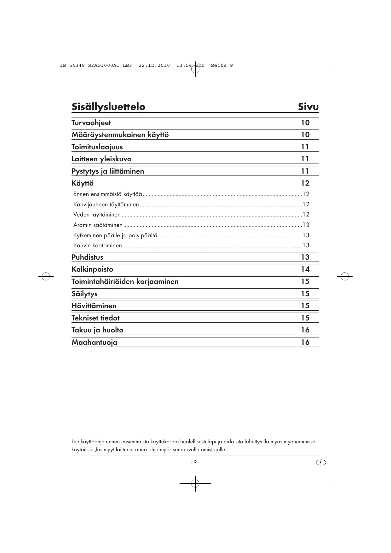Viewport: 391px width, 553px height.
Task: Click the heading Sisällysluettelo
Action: tap(108, 107)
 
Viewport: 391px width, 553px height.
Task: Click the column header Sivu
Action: tap(308, 107)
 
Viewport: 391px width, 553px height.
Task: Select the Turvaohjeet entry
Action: tap(91, 123)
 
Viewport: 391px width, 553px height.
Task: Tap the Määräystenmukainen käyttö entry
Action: tap(120, 135)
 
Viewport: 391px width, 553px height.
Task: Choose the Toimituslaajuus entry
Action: tap(97, 147)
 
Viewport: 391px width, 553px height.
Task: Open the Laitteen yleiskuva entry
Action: tap(101, 159)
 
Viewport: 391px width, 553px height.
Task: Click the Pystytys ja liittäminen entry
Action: tap(108, 171)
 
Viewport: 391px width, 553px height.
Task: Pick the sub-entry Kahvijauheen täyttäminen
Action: tap(106, 204)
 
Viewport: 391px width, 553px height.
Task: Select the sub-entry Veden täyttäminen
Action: tap(97, 215)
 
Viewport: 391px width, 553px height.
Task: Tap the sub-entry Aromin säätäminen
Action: tap(98, 225)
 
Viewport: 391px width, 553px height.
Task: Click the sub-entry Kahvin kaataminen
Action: tap(98, 245)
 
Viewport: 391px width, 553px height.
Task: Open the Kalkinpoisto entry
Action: tap(92, 269)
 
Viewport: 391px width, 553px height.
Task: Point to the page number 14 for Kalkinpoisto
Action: tap(305, 269)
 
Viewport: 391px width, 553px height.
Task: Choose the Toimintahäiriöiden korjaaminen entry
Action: tap(125, 281)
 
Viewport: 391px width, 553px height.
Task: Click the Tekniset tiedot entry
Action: tap(95, 318)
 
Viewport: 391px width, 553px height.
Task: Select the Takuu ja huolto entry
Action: tap(97, 330)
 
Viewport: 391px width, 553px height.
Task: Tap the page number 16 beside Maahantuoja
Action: tap(305, 342)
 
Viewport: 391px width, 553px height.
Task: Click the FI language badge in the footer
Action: tap(321, 462)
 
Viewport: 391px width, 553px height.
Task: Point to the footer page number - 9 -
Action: tap(195, 462)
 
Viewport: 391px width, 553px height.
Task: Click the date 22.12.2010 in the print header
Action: tap(154, 66)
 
